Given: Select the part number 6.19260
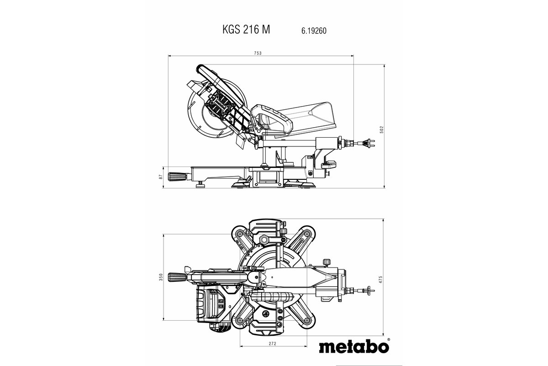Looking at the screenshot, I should (x=313, y=31).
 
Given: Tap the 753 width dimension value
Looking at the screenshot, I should (x=258, y=54).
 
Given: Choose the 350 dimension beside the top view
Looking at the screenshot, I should (x=161, y=277).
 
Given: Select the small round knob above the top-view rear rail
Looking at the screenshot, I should (x=326, y=262).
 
